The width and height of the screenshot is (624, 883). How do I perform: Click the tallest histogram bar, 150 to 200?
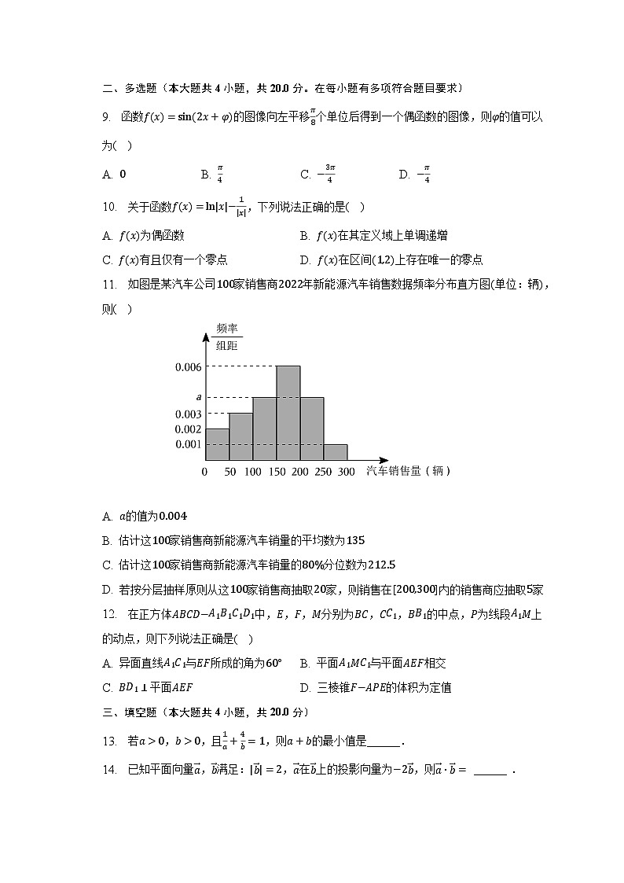pyautogui.click(x=288, y=413)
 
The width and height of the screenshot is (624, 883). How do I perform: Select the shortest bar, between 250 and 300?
pyautogui.click(x=336, y=452)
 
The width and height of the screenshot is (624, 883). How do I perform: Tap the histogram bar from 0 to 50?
pyautogui.click(x=217, y=444)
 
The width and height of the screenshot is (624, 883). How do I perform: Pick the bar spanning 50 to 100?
pyautogui.click(x=240, y=436)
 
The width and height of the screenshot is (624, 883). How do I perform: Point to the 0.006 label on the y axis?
pyautogui.click(x=189, y=366)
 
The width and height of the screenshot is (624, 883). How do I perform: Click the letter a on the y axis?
pyautogui.click(x=199, y=398)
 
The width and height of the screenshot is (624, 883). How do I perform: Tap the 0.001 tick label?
pyautogui.click(x=189, y=444)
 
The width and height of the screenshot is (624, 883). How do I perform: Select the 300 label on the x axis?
pyautogui.click(x=347, y=472)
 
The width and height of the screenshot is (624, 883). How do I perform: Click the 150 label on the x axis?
pyautogui.click(x=276, y=472)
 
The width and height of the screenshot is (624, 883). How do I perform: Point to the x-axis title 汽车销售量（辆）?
pyautogui.click(x=408, y=471)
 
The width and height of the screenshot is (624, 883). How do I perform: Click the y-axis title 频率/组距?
pyautogui.click(x=226, y=337)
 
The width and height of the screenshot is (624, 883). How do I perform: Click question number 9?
pyautogui.click(x=107, y=117)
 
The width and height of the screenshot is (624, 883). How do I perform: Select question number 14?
pyautogui.click(x=109, y=770)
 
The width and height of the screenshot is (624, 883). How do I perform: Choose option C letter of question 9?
pyautogui.click(x=305, y=175)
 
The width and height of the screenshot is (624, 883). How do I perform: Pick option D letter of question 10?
pyautogui.click(x=304, y=259)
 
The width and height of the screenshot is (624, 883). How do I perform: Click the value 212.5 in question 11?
pyautogui.click(x=380, y=565)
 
